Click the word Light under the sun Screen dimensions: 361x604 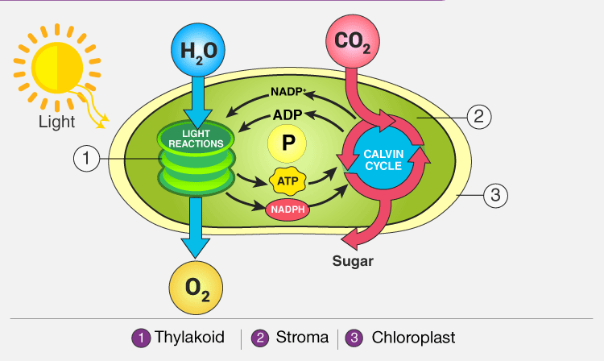pyautogui.click(x=56, y=122)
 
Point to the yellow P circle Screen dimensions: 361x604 pyautogui.click(x=287, y=145)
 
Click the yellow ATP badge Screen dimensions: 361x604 pyautogui.click(x=287, y=181)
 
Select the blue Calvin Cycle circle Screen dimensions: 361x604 pyautogui.click(x=383, y=160)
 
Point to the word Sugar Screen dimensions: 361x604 pyautogui.click(x=354, y=262)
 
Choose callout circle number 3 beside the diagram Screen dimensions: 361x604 pyautogui.click(x=496, y=194)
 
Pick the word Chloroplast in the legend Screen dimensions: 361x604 pyautogui.click(x=412, y=337)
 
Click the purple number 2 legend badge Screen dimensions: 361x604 pyautogui.click(x=260, y=338)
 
